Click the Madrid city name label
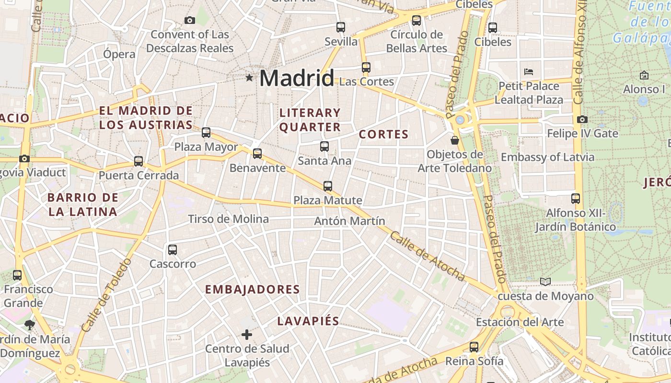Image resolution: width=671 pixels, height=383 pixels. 297,78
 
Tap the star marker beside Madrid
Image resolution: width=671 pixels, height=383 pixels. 249,78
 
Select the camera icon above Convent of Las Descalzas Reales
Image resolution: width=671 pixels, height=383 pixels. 190,20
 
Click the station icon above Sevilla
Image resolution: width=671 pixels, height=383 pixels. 341,27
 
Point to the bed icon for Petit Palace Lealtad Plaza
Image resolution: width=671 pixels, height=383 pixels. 529,72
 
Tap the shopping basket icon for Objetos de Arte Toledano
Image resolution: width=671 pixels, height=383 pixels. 454,140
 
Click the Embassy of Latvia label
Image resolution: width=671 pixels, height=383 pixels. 547,157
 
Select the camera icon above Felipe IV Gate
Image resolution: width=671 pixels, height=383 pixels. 582,119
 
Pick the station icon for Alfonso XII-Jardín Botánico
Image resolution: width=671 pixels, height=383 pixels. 576,198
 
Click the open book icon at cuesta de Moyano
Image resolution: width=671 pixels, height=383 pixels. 545,282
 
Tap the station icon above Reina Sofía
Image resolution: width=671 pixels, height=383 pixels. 474,347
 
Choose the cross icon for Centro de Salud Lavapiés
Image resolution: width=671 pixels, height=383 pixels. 247,334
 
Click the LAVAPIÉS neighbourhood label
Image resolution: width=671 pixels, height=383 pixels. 308,321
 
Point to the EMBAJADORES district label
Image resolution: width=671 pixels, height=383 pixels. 253,290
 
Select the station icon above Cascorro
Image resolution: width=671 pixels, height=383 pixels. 173,249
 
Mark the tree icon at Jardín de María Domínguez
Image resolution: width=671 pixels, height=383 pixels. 30,325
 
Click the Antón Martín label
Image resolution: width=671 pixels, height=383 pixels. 349,221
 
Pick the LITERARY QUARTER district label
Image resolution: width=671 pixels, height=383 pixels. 310,120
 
